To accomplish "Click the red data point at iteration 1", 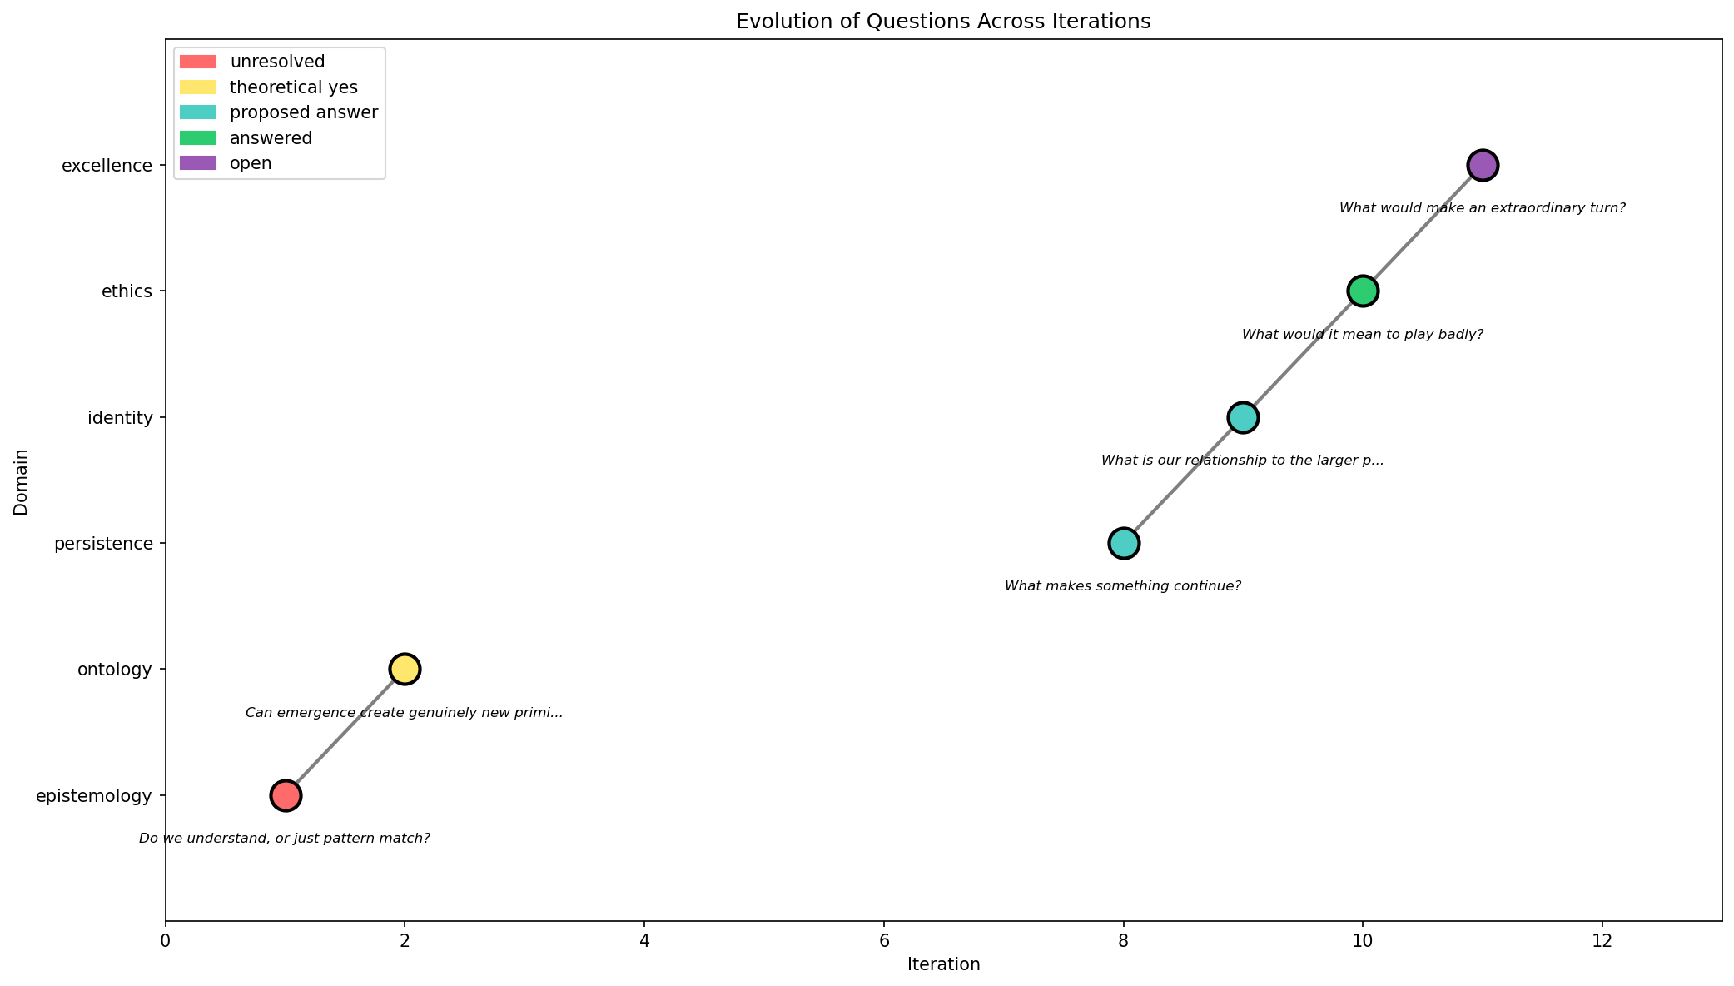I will [286, 795].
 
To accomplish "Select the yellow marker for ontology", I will [405, 669].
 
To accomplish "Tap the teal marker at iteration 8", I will [1124, 543].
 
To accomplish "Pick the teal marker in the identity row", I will [1243, 417].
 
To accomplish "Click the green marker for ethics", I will [1363, 291].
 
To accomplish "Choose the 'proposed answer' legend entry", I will [303, 112].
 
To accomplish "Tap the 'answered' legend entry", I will [271, 138].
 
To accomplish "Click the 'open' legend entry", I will [251, 163].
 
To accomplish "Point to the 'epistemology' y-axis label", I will [94, 796].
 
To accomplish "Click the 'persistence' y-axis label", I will [103, 544].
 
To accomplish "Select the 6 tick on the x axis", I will [884, 941].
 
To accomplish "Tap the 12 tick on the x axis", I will [1602, 941].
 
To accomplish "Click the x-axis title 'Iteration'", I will [943, 965].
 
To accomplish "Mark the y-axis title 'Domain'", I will [21, 482].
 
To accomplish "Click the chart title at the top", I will [943, 22].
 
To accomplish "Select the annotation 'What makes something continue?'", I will [1123, 586].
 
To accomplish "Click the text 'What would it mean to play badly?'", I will [1363, 335].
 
